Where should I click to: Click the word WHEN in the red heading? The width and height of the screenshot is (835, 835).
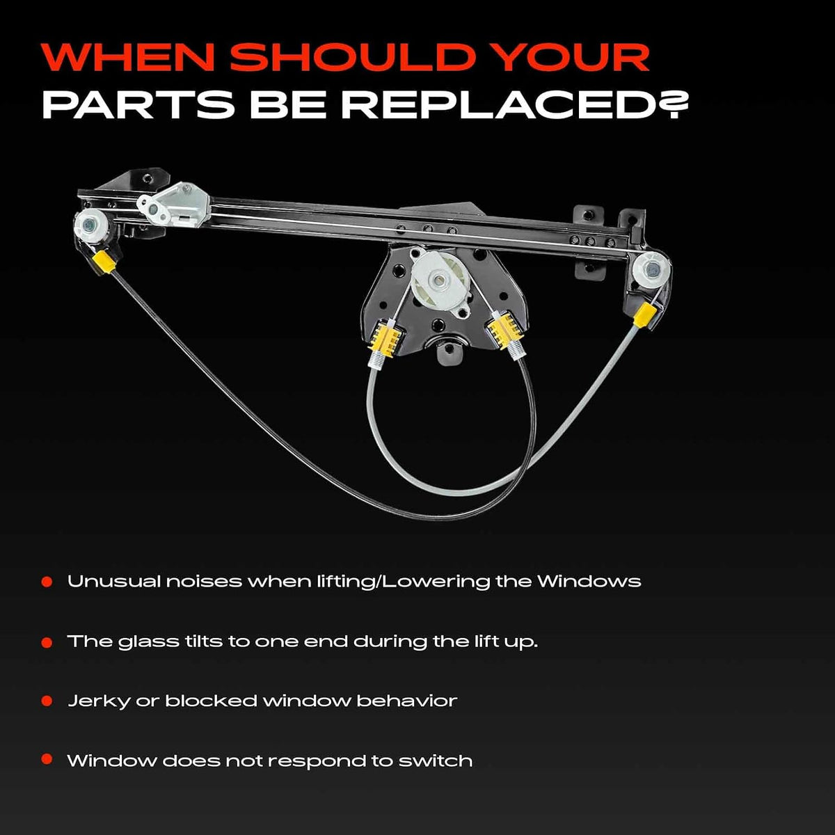coord(128,57)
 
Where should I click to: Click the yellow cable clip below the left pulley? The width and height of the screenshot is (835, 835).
coord(104,262)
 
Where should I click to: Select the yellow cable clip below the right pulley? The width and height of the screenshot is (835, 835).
coord(644,314)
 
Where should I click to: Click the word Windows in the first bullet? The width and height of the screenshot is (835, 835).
coord(589,580)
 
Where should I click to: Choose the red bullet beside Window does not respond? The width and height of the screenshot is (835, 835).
coord(47,759)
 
